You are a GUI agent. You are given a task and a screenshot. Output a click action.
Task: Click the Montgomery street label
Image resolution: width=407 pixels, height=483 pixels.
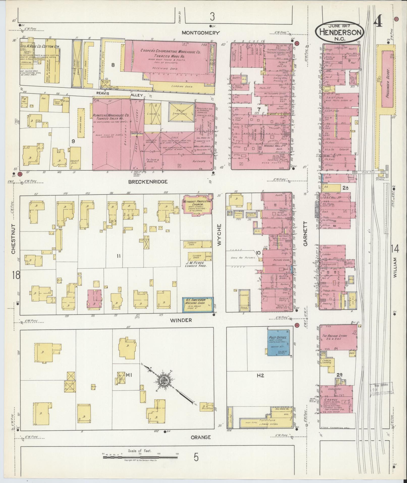coord(201,33)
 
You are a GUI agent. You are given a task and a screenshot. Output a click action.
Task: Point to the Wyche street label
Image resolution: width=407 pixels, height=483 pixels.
coord(219,235)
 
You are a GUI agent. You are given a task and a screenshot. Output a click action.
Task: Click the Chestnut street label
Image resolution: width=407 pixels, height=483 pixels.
coord(13,239)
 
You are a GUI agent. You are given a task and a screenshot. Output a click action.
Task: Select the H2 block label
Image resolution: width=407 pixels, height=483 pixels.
coord(260,383)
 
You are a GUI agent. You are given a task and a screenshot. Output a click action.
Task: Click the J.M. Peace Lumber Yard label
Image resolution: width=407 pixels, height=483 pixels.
coord(194,264)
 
